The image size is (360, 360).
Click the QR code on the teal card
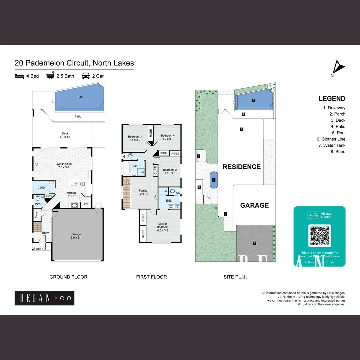click(320, 236)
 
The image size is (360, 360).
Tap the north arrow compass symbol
click(338, 68)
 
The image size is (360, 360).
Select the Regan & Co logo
click(44, 298)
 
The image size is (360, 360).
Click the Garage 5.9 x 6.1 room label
click(76, 236)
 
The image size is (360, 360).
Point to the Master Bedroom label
click(163, 225)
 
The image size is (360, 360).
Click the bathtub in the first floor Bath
click(126, 168)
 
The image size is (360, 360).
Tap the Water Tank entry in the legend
click(334, 145)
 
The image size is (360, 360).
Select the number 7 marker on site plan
click(214, 180)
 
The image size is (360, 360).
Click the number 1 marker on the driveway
click(254, 243)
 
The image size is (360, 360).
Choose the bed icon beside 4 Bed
click(19, 76)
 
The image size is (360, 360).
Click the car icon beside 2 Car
click(86, 76)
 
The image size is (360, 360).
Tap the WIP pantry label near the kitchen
click(87, 204)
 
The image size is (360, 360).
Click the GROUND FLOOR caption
click(68, 277)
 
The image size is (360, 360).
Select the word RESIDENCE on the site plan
click(242, 167)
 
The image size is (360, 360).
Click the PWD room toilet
click(38, 199)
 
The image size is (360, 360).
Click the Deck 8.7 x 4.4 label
click(65, 135)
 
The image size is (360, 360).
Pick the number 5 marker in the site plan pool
click(254, 100)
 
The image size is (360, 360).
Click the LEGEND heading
click(332, 98)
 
